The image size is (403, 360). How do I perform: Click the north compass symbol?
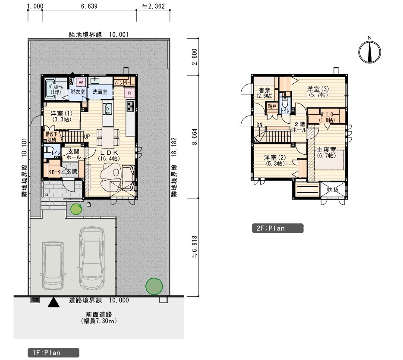(x=370, y=52)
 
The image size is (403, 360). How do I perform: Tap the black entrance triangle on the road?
(x=54, y=302)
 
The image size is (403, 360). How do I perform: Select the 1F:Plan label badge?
(x=54, y=353)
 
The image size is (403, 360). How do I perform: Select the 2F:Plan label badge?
(x=277, y=228)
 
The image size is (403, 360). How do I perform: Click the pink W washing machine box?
(x=81, y=82)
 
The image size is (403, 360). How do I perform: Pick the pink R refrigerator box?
(x=129, y=93)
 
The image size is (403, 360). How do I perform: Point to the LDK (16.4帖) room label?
(x=109, y=156)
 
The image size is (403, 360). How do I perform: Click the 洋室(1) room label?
(x=61, y=116)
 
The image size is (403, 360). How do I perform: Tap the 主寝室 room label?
(x=326, y=152)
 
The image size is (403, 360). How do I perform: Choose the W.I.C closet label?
(x=327, y=117)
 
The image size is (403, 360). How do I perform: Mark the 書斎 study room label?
(x=264, y=93)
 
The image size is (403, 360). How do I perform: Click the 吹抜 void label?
(x=333, y=190)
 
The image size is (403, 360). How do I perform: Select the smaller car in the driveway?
(x=53, y=266)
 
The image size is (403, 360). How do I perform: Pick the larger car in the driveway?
(x=92, y=257)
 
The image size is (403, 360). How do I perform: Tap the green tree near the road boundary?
(x=154, y=286)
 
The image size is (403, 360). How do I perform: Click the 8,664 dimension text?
(x=195, y=137)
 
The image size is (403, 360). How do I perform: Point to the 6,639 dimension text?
(x=89, y=6)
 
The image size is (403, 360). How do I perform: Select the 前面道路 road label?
(x=99, y=314)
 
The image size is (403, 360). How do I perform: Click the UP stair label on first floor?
(x=87, y=136)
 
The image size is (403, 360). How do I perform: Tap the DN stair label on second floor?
(x=259, y=125)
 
